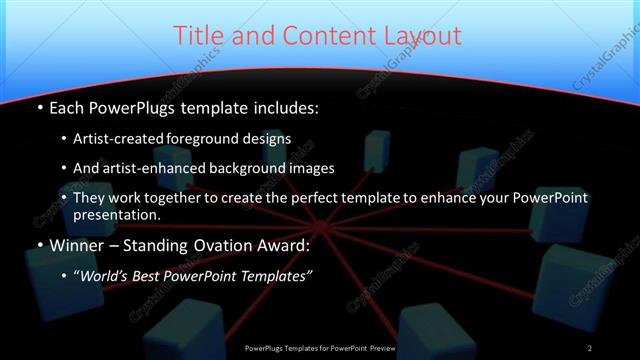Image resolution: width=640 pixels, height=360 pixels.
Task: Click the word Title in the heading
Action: (x=199, y=36)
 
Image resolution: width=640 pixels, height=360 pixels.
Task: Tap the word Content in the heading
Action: (x=320, y=36)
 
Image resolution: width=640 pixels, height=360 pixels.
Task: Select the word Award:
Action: (x=282, y=244)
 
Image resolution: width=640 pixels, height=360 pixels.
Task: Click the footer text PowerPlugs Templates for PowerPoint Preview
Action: (x=320, y=347)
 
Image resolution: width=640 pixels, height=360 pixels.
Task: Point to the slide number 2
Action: (x=590, y=347)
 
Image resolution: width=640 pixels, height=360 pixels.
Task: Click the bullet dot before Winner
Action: (x=40, y=245)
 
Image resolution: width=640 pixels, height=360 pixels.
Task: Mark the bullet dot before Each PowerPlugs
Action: (x=40, y=107)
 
